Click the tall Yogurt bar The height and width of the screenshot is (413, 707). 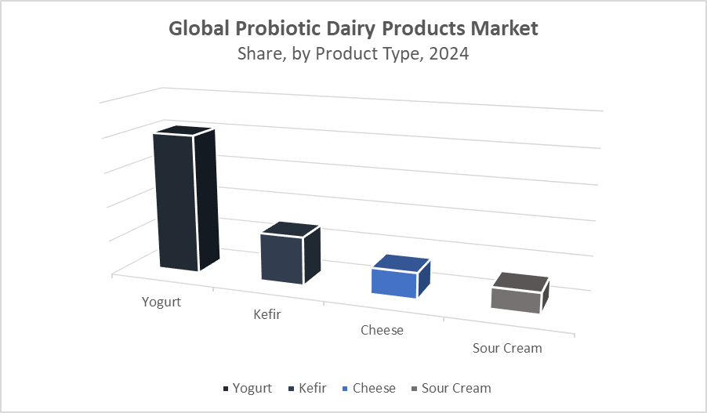coord(186,198)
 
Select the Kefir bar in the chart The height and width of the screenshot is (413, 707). coord(291,253)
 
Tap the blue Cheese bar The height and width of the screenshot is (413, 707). coord(401,277)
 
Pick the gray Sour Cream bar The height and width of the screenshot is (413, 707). coord(520,293)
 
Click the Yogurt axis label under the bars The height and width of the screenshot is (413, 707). coord(161,302)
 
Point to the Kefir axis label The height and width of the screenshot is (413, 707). coord(267,314)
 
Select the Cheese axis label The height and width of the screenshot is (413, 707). coord(382,330)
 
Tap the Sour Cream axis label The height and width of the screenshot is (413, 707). coord(507,348)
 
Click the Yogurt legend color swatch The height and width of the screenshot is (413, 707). coord(226,389)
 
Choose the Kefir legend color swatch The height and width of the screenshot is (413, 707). coord(292,389)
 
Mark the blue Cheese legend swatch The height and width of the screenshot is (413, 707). coord(346,389)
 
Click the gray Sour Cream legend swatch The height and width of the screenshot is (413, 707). coord(415,389)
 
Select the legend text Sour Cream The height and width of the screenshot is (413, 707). coord(456,388)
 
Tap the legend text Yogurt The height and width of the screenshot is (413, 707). coord(252,389)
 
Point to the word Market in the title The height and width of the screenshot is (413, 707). coord(505,28)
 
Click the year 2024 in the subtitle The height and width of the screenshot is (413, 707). coord(449,53)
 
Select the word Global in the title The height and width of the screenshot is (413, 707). coord(199,28)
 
